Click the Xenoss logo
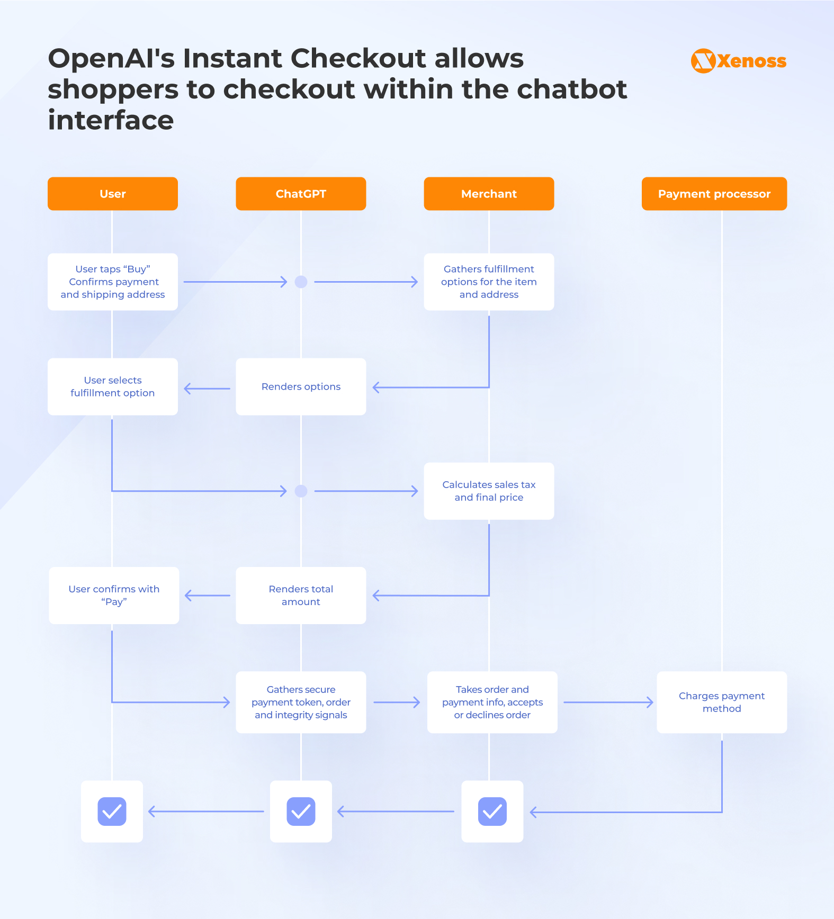point(738,61)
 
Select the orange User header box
point(112,194)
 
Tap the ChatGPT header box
point(301,194)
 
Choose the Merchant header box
point(489,194)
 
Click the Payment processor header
point(714,194)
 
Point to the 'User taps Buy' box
point(112,282)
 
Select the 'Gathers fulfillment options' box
point(489,282)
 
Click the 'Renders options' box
point(301,386)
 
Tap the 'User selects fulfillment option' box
point(112,386)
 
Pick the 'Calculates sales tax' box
point(489,491)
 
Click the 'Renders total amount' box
point(301,595)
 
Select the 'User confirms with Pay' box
point(114,595)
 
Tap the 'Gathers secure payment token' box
point(301,702)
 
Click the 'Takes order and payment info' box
point(492,702)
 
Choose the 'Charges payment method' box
point(721,702)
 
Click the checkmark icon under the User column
point(112,811)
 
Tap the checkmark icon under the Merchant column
point(492,811)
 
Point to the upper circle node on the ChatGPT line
point(301,282)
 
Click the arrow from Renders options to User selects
point(207,389)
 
